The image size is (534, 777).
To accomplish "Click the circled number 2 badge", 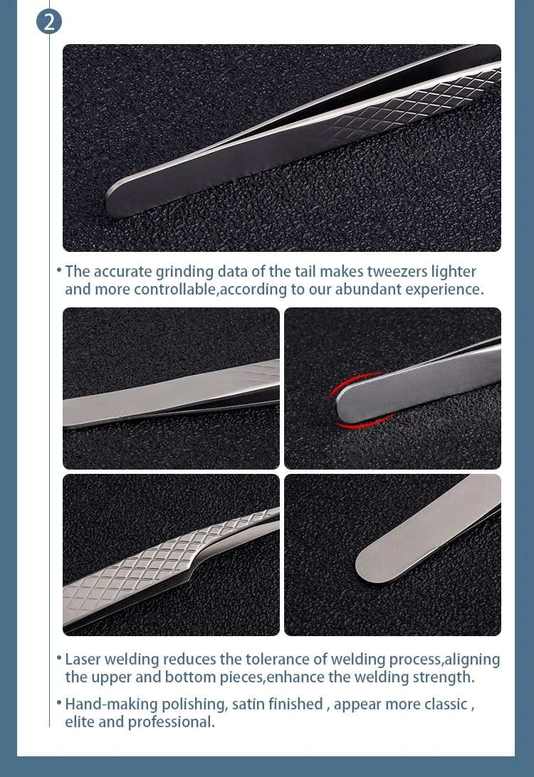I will (x=49, y=21).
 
